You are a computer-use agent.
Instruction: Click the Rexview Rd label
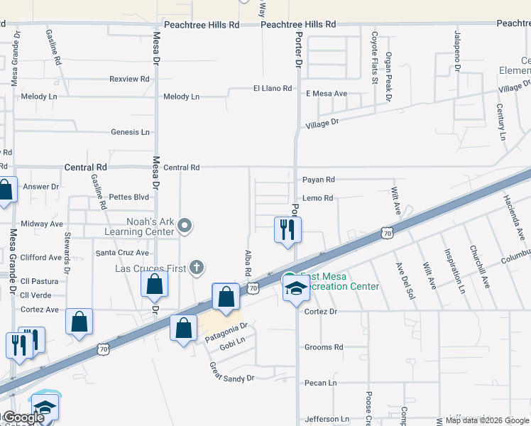point(129,79)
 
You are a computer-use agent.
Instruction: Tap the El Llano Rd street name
point(273,88)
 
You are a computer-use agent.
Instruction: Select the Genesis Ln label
point(131,132)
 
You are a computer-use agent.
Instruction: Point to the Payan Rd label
point(318,180)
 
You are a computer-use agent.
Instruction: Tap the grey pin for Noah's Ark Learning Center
point(185,226)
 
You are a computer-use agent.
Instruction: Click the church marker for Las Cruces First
point(197,268)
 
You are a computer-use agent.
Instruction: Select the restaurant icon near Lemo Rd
point(288,229)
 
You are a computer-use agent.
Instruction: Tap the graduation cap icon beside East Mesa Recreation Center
point(295,288)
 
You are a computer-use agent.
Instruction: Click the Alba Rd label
point(248,263)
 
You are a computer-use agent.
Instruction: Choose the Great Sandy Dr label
point(231,373)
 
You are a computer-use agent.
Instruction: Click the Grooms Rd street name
point(324,347)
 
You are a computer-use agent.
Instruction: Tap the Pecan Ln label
point(321,383)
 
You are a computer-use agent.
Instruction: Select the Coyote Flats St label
point(374,56)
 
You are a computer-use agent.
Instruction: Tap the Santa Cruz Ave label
point(122,253)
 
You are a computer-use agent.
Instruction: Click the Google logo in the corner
point(23,417)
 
